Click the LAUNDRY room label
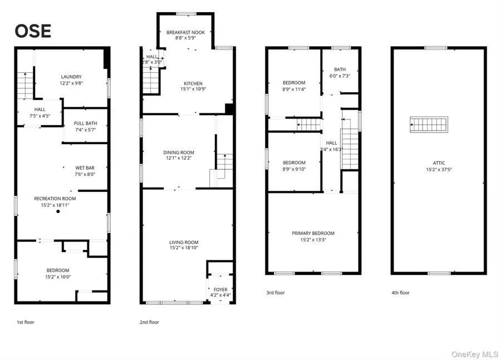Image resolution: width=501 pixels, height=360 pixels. pyautogui.click(x=71, y=77)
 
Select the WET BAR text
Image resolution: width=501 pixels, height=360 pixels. pyautogui.click(x=86, y=167)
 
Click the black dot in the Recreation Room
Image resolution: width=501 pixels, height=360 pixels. pyautogui.click(x=58, y=212)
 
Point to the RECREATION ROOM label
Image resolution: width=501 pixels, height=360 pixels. pyautogui.click(x=55, y=199)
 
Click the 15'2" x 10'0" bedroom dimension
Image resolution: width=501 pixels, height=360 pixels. pyautogui.click(x=58, y=277)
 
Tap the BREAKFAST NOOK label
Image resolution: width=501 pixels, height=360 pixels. pyautogui.click(x=185, y=33)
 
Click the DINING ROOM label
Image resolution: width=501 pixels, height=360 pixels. pyautogui.click(x=179, y=152)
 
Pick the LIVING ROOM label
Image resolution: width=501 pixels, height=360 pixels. pyautogui.click(x=184, y=242)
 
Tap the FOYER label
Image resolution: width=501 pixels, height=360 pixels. pyautogui.click(x=220, y=289)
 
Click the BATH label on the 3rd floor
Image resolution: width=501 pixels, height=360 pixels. pyautogui.click(x=340, y=70)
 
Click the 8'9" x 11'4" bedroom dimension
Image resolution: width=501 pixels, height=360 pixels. pyautogui.click(x=294, y=89)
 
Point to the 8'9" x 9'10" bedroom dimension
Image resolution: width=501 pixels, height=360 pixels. pyautogui.click(x=294, y=169)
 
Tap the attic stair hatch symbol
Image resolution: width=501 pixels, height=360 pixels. pyautogui.click(x=429, y=123)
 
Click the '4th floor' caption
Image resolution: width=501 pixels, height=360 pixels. pyautogui.click(x=400, y=293)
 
